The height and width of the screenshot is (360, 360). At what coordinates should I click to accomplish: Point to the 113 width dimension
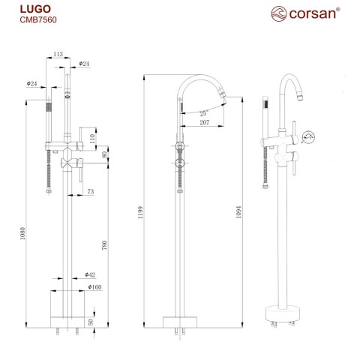[58, 53]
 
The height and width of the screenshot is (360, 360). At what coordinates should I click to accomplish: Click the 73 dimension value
[90, 193]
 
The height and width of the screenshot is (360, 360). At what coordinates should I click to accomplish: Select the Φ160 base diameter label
[94, 286]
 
